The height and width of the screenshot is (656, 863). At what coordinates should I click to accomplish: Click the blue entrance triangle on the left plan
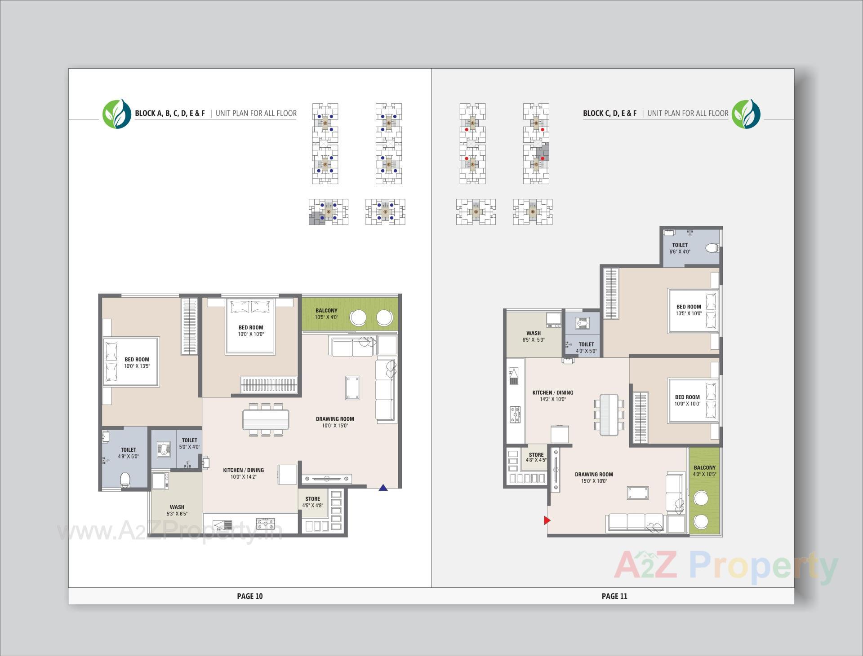click(383, 488)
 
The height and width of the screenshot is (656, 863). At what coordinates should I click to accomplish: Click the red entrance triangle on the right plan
click(547, 520)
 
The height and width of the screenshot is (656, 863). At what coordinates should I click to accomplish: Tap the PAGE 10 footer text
click(250, 596)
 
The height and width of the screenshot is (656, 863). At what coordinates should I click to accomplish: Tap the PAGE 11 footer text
click(614, 596)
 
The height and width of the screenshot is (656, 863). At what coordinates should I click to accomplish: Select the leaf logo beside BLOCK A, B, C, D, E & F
click(116, 113)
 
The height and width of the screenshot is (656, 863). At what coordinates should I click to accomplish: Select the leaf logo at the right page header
click(746, 113)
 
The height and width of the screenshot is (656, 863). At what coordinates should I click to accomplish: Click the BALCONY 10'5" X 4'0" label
click(326, 314)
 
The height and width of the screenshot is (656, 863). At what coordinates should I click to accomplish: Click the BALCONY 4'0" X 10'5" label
click(704, 471)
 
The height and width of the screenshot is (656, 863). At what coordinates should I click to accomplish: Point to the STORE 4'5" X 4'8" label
click(312, 502)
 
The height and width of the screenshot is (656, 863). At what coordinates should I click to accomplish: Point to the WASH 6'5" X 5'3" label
click(534, 336)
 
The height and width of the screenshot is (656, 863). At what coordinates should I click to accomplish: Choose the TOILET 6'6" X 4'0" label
click(680, 248)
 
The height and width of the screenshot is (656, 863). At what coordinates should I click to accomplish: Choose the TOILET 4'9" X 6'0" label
click(129, 453)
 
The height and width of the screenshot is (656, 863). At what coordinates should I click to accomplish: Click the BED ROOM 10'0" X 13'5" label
click(137, 362)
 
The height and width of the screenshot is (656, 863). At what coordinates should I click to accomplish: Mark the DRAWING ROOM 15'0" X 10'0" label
click(594, 477)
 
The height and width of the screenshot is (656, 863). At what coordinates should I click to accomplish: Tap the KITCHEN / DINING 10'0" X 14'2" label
click(244, 473)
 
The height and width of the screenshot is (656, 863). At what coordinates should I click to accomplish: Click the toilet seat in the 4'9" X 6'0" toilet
click(125, 480)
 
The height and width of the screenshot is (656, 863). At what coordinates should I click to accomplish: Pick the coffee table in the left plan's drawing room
click(352, 387)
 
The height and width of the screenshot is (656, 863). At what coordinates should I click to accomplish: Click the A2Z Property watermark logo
click(725, 567)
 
